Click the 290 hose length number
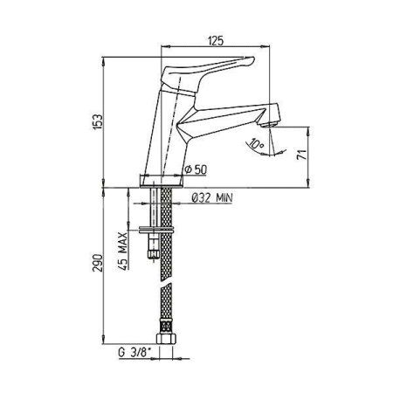[x=109, y=265]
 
